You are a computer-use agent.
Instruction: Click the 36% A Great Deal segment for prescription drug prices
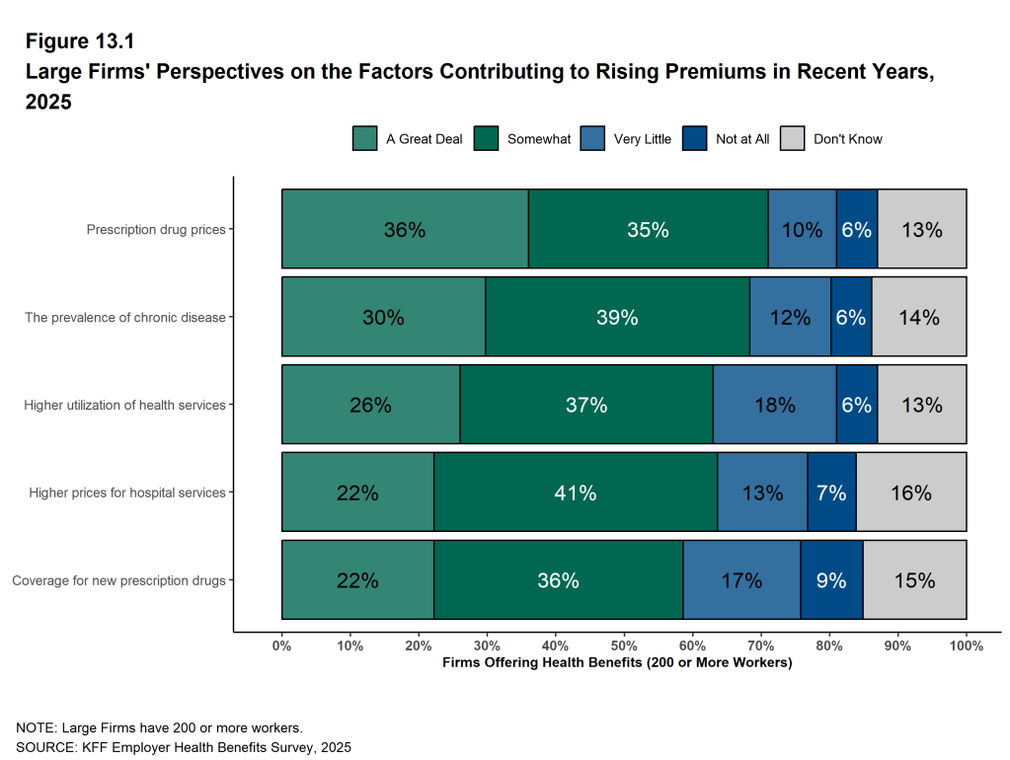click(405, 229)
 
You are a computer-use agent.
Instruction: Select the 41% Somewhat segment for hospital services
click(575, 493)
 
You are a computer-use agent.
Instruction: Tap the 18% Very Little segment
click(774, 405)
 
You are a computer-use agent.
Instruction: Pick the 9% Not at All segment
click(831, 580)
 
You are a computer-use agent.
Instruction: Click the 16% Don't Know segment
click(910, 493)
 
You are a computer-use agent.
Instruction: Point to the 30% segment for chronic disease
click(383, 317)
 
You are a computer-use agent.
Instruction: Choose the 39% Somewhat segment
click(617, 317)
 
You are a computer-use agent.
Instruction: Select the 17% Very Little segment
click(741, 580)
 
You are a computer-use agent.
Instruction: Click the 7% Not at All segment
click(831, 493)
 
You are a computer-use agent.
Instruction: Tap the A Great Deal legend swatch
click(364, 139)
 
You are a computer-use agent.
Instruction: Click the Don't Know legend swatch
click(793, 139)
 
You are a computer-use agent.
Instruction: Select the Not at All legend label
click(742, 139)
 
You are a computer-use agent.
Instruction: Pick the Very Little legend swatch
click(592, 139)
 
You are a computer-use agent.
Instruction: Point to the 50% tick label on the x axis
click(624, 646)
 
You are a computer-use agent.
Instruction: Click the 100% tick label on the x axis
click(966, 646)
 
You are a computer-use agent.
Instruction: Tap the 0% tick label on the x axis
click(281, 646)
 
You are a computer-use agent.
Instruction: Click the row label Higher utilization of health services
click(124, 405)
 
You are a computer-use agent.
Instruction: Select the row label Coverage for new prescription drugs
click(118, 580)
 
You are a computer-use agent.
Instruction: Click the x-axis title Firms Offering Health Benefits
click(617, 662)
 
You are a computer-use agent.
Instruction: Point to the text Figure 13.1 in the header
click(79, 41)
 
